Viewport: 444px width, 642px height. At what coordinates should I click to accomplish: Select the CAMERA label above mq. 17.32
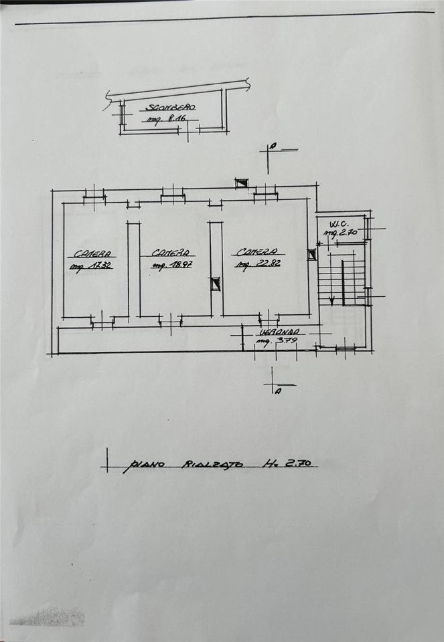pos(92,253)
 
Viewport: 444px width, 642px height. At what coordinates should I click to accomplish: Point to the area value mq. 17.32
pos(92,265)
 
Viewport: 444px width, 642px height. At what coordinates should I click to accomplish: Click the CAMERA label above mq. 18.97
pos(172,253)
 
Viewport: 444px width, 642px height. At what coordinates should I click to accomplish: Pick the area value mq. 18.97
pos(172,265)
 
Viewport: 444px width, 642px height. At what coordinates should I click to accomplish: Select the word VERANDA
pos(281,332)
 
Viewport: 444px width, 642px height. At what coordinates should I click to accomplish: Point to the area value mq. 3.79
pos(275,343)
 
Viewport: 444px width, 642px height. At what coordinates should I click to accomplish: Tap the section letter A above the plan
pos(273,146)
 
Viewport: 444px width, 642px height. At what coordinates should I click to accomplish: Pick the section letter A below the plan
pos(277,391)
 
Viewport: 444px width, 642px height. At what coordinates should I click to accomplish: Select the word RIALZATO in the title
pos(212,463)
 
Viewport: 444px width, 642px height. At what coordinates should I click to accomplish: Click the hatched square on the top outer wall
pos(242,183)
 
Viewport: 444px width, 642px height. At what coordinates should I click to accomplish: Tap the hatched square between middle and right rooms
pos(216,284)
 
